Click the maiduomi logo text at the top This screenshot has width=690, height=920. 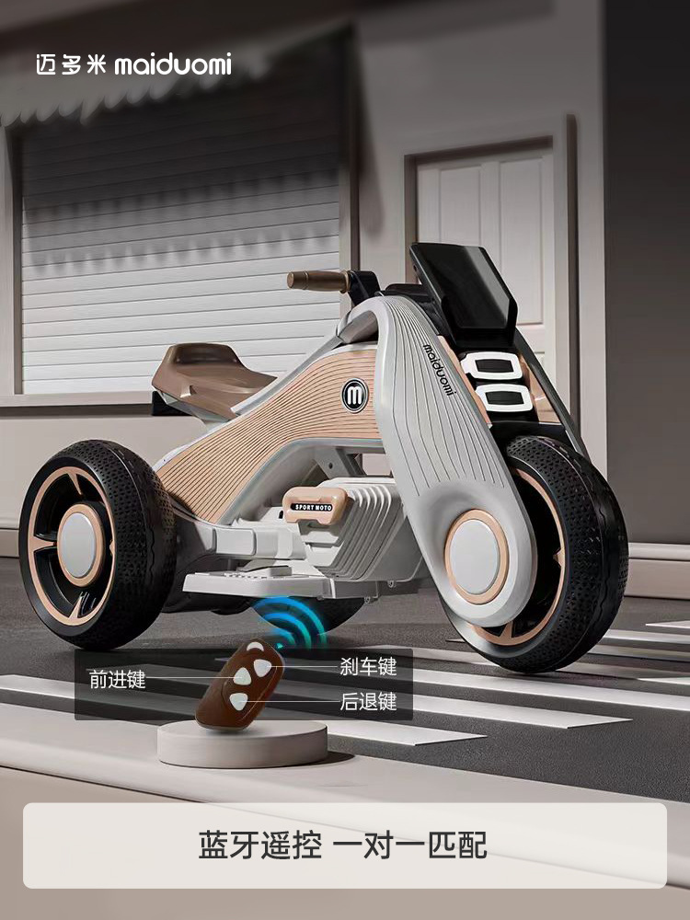[173, 64]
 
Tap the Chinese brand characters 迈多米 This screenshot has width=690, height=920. [71, 64]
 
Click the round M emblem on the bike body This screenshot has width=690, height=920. [354, 396]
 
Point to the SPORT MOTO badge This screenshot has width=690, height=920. [314, 507]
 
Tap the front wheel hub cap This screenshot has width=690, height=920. [477, 557]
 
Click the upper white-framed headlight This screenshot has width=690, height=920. [492, 367]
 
